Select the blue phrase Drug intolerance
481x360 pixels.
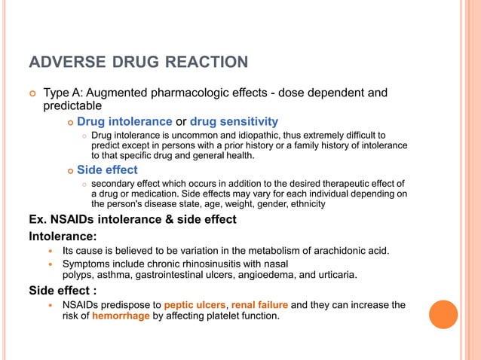(x=124, y=121)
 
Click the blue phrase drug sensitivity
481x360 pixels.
(x=234, y=121)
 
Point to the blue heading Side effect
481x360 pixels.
(x=107, y=169)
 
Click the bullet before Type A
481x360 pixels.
(x=32, y=93)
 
